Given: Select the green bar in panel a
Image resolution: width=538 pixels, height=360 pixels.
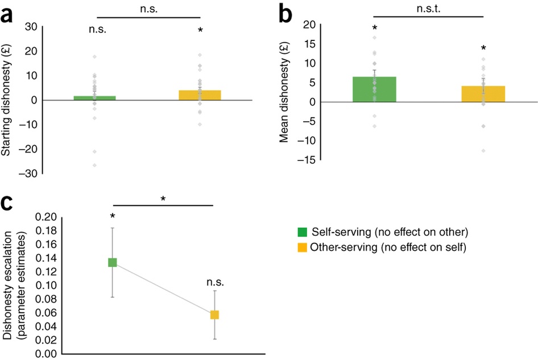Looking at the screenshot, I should pos(96,98).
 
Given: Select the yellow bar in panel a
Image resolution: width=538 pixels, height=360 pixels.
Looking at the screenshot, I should pos(200,95).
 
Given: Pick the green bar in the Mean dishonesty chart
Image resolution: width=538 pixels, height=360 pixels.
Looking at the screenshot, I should pos(374,89).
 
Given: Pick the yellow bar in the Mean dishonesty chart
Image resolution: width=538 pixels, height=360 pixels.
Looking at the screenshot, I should pos(483,94).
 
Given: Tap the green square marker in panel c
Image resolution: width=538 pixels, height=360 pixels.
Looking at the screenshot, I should pos(113,262).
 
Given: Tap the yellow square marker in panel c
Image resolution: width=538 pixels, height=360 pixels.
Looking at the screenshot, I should pos(214,315).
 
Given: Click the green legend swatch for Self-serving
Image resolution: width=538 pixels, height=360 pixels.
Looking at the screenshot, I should pos(303,231).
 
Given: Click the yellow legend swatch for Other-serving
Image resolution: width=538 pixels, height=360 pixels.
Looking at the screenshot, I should pos(303,248).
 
